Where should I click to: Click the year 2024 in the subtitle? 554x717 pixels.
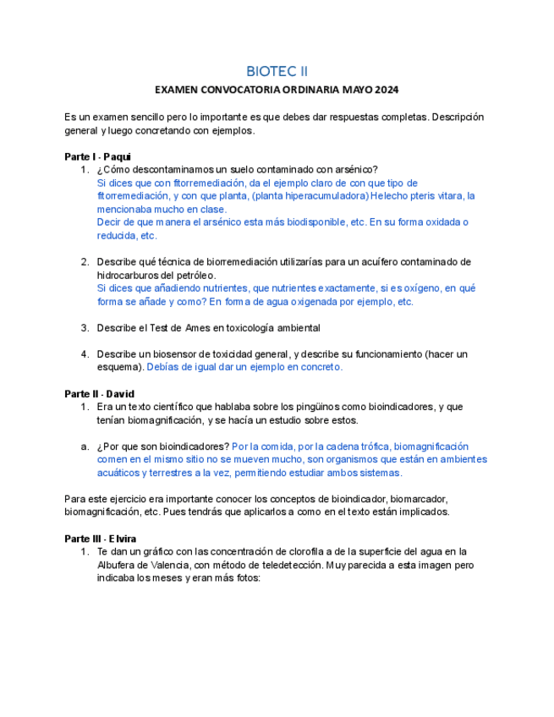tap(385, 90)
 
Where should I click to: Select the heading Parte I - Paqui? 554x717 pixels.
tap(97, 157)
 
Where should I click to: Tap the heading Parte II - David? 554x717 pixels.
tap(99, 394)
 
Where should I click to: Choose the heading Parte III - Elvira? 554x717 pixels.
tap(100, 539)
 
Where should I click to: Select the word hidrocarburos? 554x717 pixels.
tap(129, 276)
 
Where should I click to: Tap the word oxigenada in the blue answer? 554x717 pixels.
tap(316, 302)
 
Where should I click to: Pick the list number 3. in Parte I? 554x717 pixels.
tap(85, 328)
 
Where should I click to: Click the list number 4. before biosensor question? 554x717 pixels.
tap(85, 354)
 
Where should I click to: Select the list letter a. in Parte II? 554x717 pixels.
tap(85, 446)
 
